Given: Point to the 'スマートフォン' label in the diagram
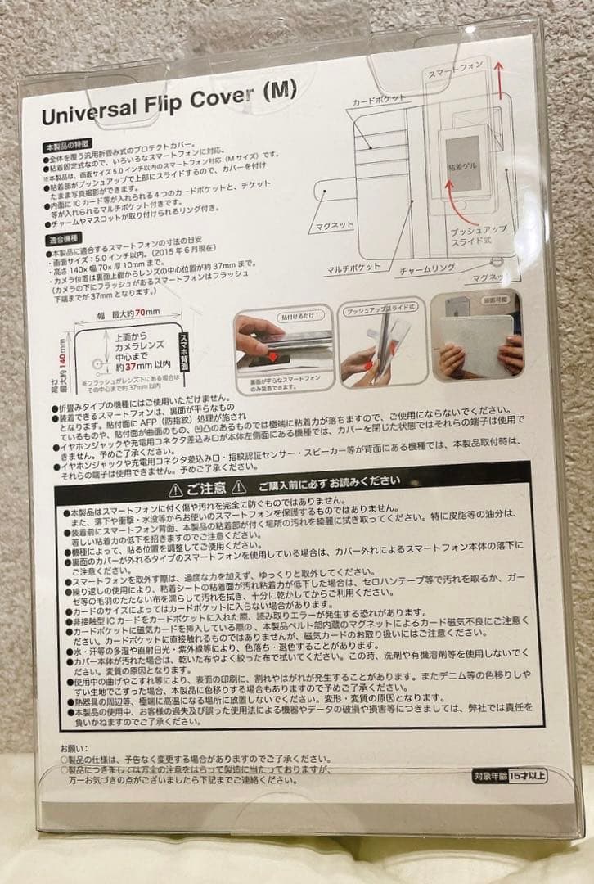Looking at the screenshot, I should (455, 74).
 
